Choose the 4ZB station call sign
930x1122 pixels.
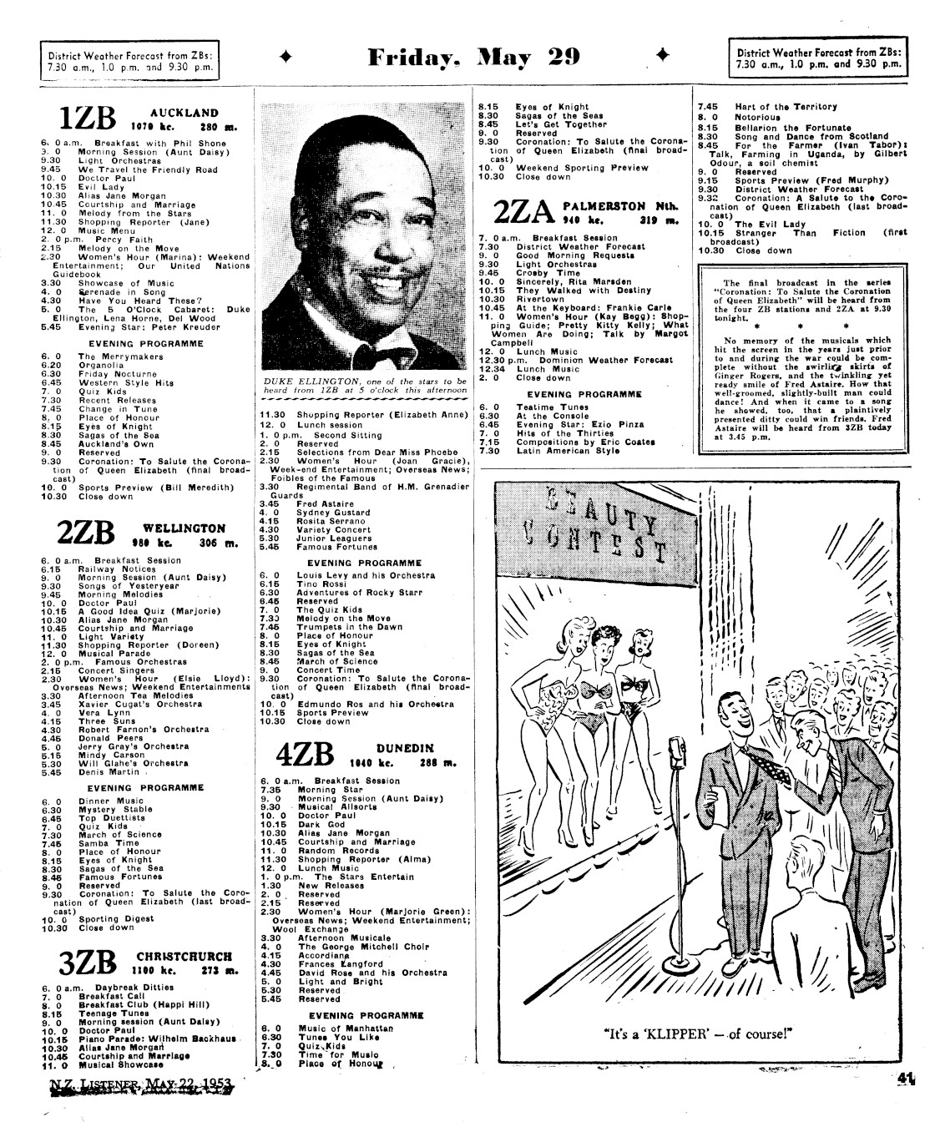pos(306,755)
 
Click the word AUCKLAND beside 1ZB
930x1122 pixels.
pos(184,113)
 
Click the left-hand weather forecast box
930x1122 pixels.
pos(132,58)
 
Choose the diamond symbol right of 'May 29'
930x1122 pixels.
pos(665,56)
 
